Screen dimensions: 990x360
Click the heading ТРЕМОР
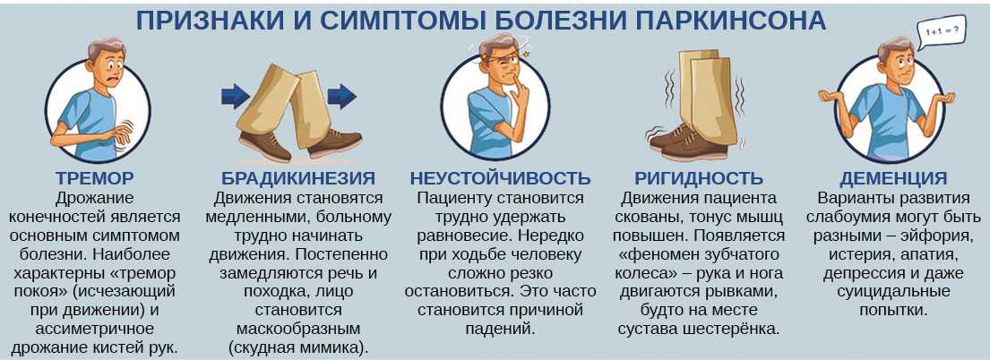coord(95,178)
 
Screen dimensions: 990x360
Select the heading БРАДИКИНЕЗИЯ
coord(298,178)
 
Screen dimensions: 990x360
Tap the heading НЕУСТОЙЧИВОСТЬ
coord(500,178)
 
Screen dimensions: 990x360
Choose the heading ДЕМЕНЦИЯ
coord(893,178)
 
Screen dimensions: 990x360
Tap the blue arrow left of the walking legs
coord(237,97)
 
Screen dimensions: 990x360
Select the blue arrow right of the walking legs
coord(342,97)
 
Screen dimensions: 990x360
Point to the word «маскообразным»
coord(298,329)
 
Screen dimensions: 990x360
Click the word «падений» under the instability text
coord(500,329)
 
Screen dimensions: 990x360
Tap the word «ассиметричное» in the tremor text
coord(95,329)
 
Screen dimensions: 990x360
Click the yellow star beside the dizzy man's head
coord(525,55)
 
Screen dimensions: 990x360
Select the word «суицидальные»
coord(893,292)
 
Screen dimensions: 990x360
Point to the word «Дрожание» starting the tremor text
coord(95,198)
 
